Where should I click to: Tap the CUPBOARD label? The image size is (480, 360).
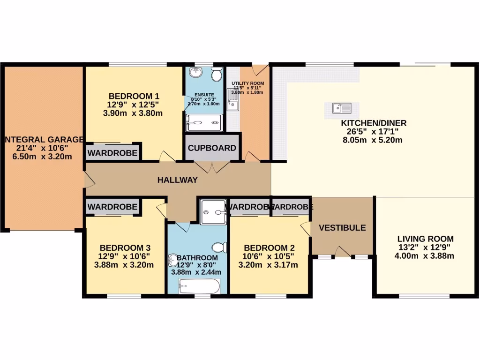(212, 148)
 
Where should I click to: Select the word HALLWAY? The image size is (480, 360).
(177, 180)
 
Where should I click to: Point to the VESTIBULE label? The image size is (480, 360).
(342, 228)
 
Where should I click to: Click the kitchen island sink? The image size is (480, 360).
(342, 108)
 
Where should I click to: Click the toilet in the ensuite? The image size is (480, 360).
(216, 75)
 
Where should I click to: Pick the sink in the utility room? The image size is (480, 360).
(233, 101)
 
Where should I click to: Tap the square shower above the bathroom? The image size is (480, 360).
(213, 212)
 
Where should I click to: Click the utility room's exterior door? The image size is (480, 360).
(257, 70)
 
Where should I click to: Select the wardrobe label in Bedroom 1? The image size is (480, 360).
(112, 153)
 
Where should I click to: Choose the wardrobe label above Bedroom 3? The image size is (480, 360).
(112, 206)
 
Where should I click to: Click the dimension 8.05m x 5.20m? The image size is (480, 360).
(373, 140)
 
